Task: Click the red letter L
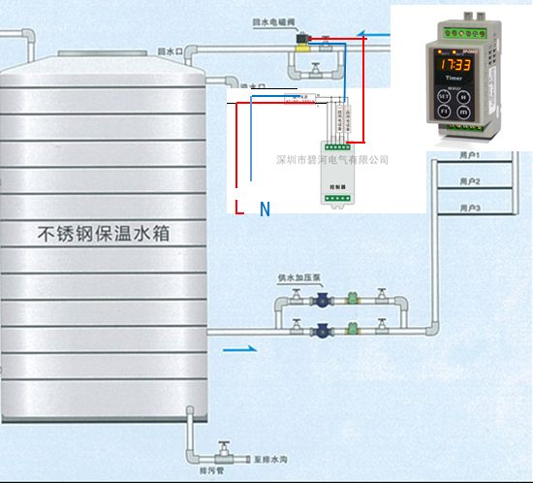tap(240, 206)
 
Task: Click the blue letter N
tap(264, 209)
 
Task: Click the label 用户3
tap(470, 209)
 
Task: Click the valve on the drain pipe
tap(224, 453)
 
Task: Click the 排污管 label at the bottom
tap(211, 472)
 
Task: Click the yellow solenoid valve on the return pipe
tap(303, 40)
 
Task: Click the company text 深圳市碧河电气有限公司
tap(332, 159)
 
